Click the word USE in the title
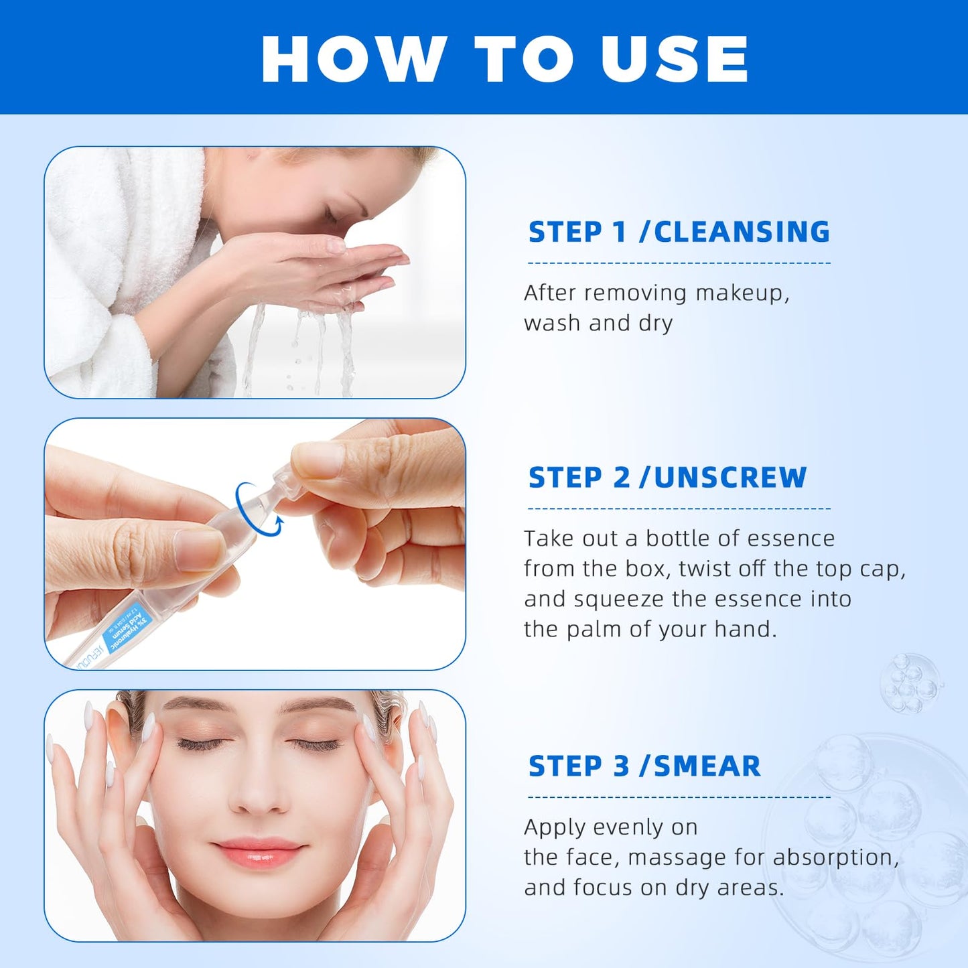point(674,59)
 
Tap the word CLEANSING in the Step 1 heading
point(742,232)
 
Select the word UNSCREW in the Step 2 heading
point(730,478)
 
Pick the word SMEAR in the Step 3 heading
point(707,766)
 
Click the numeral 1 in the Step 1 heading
point(619,232)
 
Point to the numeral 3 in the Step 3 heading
point(621,766)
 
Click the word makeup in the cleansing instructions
point(742,293)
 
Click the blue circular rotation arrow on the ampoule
point(259,509)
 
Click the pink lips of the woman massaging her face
point(258,851)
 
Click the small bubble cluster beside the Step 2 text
point(910,683)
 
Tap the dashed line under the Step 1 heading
point(679,263)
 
